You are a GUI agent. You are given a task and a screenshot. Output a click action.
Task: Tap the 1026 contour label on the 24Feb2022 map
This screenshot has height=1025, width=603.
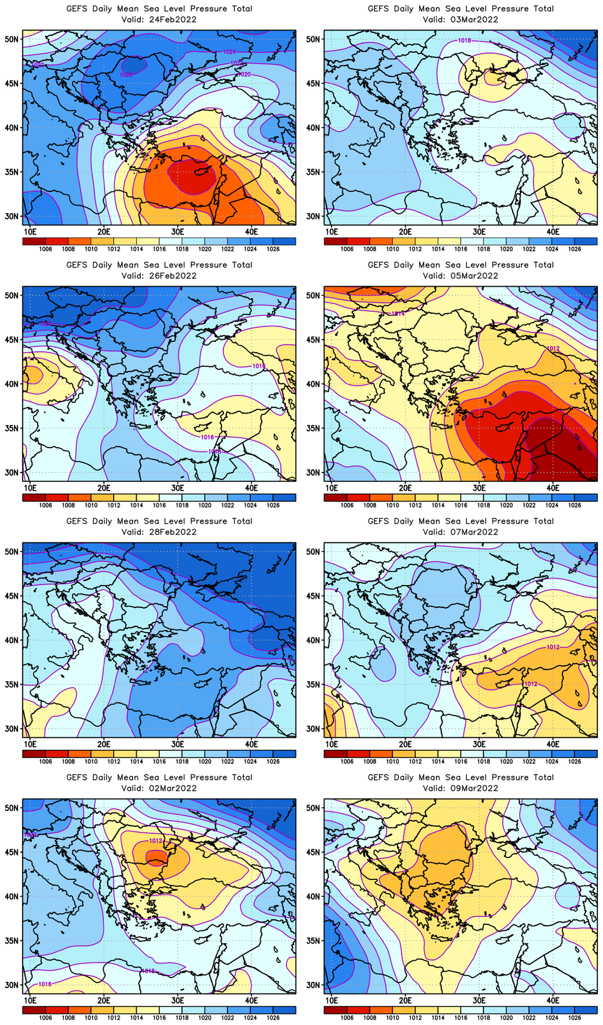tap(126, 74)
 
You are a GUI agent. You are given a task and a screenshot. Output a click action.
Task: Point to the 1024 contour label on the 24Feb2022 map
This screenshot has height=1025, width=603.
tap(229, 52)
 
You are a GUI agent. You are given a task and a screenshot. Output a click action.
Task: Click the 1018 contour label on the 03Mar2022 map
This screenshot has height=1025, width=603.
tap(464, 41)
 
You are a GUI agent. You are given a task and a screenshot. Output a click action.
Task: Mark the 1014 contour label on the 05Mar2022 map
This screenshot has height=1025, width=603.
tap(397, 314)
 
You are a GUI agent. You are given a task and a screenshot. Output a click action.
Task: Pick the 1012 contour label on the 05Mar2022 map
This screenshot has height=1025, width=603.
tap(553, 349)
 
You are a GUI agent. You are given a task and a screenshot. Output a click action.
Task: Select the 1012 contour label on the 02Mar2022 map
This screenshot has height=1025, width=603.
tap(156, 841)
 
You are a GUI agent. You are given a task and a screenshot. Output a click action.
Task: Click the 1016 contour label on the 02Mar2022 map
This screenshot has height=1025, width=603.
tap(45, 984)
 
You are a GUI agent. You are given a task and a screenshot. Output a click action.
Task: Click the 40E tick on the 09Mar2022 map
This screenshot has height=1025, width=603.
tap(553, 1001)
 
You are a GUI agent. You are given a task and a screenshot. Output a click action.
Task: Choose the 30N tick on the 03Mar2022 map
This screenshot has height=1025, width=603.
tap(314, 216)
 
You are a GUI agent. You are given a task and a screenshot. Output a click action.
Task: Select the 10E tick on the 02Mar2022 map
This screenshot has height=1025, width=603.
tap(30, 1001)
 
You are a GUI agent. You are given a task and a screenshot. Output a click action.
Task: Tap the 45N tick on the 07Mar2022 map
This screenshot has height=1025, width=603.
tap(314, 596)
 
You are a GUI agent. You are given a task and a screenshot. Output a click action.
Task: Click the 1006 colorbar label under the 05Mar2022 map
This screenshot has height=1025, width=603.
tap(347, 506)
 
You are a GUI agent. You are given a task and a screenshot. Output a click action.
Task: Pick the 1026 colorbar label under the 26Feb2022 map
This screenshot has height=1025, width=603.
tap(273, 506)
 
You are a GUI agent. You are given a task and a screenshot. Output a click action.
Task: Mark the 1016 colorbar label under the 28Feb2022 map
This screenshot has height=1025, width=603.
tap(159, 762)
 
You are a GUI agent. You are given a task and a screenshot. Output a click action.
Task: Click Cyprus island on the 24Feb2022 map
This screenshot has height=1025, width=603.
tap(201, 171)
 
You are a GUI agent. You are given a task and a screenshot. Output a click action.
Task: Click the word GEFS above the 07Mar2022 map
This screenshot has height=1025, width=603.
tap(378, 521)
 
